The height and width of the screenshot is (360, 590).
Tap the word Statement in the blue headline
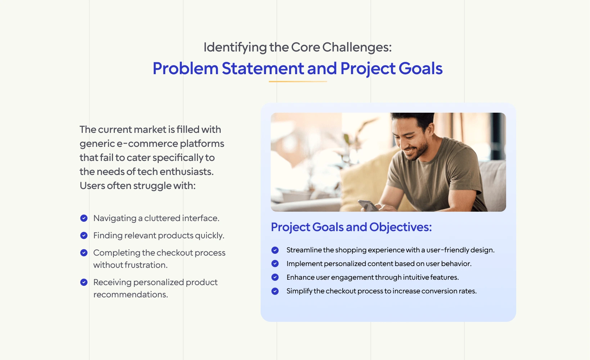click(263, 68)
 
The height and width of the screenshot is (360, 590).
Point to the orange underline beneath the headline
click(298, 82)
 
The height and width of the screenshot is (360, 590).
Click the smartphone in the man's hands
click(369, 205)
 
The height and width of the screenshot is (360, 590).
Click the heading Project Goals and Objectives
click(351, 227)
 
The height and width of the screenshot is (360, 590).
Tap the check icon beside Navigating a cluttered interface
click(84, 218)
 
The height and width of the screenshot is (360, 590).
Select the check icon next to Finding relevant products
click(84, 235)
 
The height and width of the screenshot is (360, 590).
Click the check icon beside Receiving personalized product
click(84, 282)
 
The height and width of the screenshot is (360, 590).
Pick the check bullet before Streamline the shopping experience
click(275, 250)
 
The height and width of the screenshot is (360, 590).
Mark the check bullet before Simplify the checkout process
click(275, 291)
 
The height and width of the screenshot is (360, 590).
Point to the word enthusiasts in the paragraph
click(186, 172)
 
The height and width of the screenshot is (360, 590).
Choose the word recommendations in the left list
click(131, 294)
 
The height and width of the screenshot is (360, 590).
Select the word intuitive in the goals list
click(416, 277)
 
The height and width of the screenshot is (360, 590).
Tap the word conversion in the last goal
click(439, 291)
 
